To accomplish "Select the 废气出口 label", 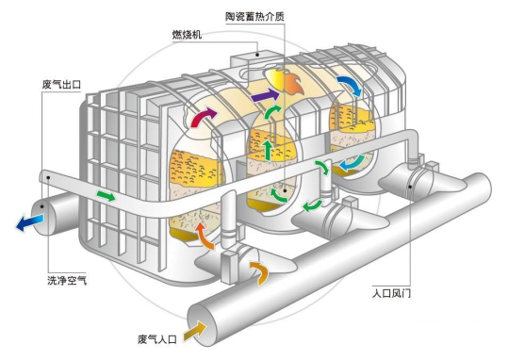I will [59, 85].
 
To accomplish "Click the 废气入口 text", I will [156, 336].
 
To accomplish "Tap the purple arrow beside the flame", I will [266, 96].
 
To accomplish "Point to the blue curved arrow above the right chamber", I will [348, 86].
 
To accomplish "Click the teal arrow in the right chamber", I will [350, 162].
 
